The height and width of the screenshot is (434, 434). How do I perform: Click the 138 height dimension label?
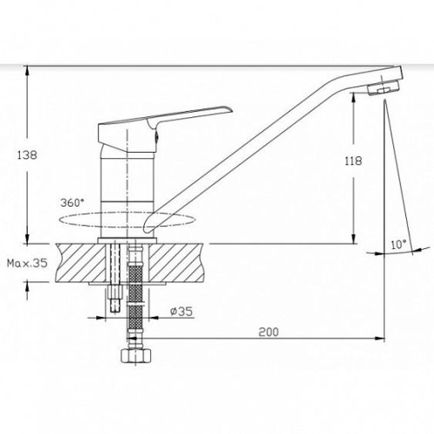(27, 155)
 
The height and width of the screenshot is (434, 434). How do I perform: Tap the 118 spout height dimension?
(353, 161)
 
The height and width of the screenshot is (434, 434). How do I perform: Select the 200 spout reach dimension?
(268, 332)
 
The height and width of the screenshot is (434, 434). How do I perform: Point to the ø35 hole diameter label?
(181, 312)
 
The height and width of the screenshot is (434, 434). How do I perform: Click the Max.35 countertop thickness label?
(27, 263)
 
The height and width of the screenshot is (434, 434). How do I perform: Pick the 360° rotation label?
(70, 203)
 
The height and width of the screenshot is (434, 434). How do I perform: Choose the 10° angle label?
(398, 245)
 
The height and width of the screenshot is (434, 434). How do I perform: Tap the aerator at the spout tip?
(383, 88)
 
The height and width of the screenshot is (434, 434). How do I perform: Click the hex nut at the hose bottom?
(135, 355)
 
